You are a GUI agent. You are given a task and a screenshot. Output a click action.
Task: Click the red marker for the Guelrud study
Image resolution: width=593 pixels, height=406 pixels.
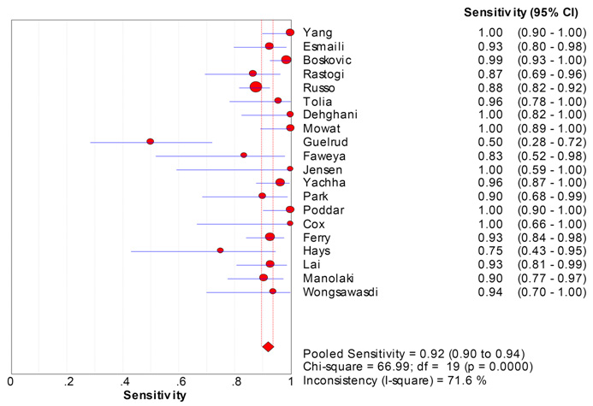(x=150, y=141)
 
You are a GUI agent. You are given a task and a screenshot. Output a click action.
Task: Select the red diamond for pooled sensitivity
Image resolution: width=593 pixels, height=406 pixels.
(x=268, y=346)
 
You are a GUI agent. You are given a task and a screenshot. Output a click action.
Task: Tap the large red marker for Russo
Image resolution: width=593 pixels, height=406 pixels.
(x=256, y=87)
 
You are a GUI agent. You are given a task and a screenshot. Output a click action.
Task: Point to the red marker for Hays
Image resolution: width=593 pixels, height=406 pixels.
(x=220, y=250)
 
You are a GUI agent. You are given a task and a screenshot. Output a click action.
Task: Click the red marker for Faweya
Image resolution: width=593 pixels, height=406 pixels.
(x=244, y=155)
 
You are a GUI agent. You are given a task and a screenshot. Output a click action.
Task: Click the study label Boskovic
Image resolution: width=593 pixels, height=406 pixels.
(x=327, y=60)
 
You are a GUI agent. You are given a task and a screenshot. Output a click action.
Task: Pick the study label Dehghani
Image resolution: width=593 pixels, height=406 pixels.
(x=329, y=115)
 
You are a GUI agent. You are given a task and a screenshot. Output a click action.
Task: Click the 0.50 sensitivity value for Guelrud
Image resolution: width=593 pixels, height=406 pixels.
(x=489, y=142)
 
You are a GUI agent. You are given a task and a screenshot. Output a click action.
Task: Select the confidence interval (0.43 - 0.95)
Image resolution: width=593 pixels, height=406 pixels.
(x=551, y=250)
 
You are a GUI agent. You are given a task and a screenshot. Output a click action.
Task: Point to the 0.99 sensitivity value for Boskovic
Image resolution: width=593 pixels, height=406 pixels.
(x=489, y=60)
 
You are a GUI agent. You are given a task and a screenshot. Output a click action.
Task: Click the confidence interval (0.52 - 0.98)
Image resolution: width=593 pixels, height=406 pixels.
(x=551, y=156)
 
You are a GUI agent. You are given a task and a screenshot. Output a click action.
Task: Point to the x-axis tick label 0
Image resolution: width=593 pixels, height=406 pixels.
(x=10, y=380)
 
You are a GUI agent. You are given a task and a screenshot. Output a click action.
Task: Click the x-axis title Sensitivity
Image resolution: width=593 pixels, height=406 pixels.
(x=151, y=396)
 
